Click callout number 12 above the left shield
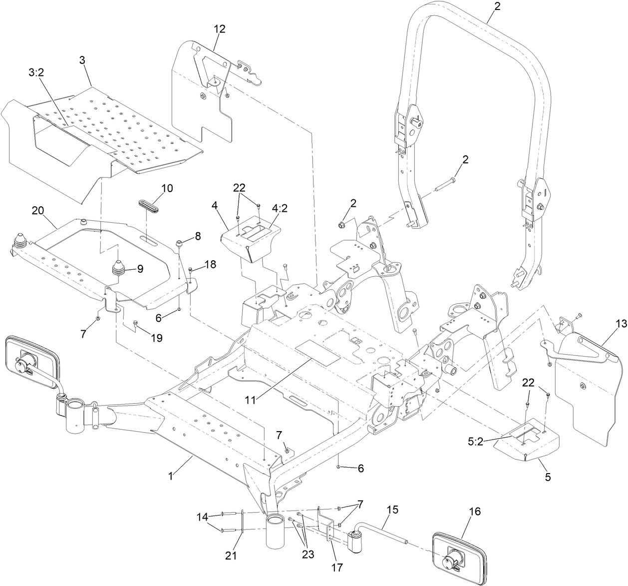(x=220, y=29)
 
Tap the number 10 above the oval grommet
(x=167, y=188)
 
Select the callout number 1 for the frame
(x=170, y=477)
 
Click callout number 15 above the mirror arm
(x=393, y=510)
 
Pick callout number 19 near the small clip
(x=156, y=338)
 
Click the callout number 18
(x=210, y=265)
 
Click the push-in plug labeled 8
(x=179, y=243)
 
